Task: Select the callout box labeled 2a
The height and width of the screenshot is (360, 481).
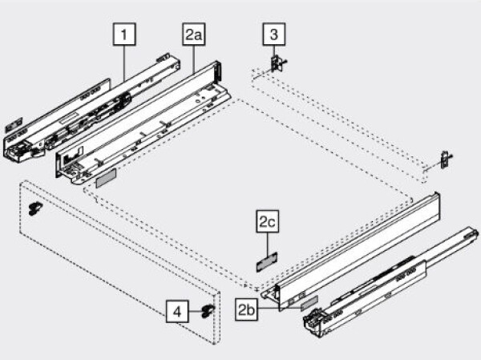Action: [193, 35]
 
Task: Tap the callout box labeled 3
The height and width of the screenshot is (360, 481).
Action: [273, 35]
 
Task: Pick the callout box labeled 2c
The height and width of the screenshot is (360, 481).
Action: [267, 221]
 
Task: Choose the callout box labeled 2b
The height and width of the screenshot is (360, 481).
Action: [247, 308]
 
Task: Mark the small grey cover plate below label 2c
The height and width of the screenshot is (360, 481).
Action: [266, 260]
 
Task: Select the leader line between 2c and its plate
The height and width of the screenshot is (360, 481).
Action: [267, 243]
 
